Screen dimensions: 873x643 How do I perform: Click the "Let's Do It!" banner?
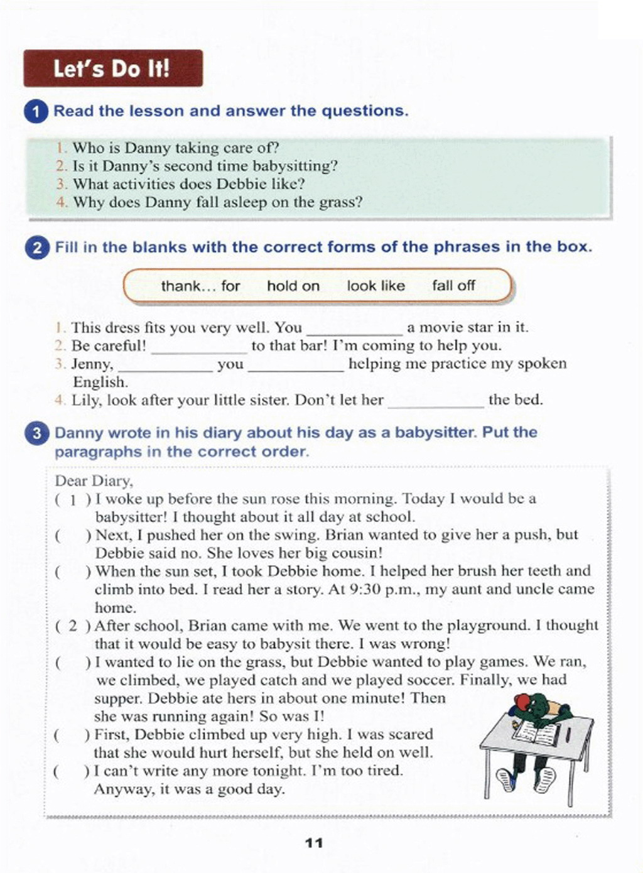112,68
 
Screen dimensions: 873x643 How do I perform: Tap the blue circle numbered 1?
36,112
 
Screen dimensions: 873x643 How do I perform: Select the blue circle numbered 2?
37,247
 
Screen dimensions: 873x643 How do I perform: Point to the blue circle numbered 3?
37,433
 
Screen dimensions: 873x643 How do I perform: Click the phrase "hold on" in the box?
293,286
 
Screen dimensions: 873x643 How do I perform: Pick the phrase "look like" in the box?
376,286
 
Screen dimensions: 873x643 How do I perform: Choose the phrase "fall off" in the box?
453,286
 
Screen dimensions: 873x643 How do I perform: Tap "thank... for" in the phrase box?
200,286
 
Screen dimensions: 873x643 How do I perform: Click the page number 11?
314,843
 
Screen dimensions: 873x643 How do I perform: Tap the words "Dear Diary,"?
94,481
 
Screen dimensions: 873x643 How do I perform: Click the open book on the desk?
537,732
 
